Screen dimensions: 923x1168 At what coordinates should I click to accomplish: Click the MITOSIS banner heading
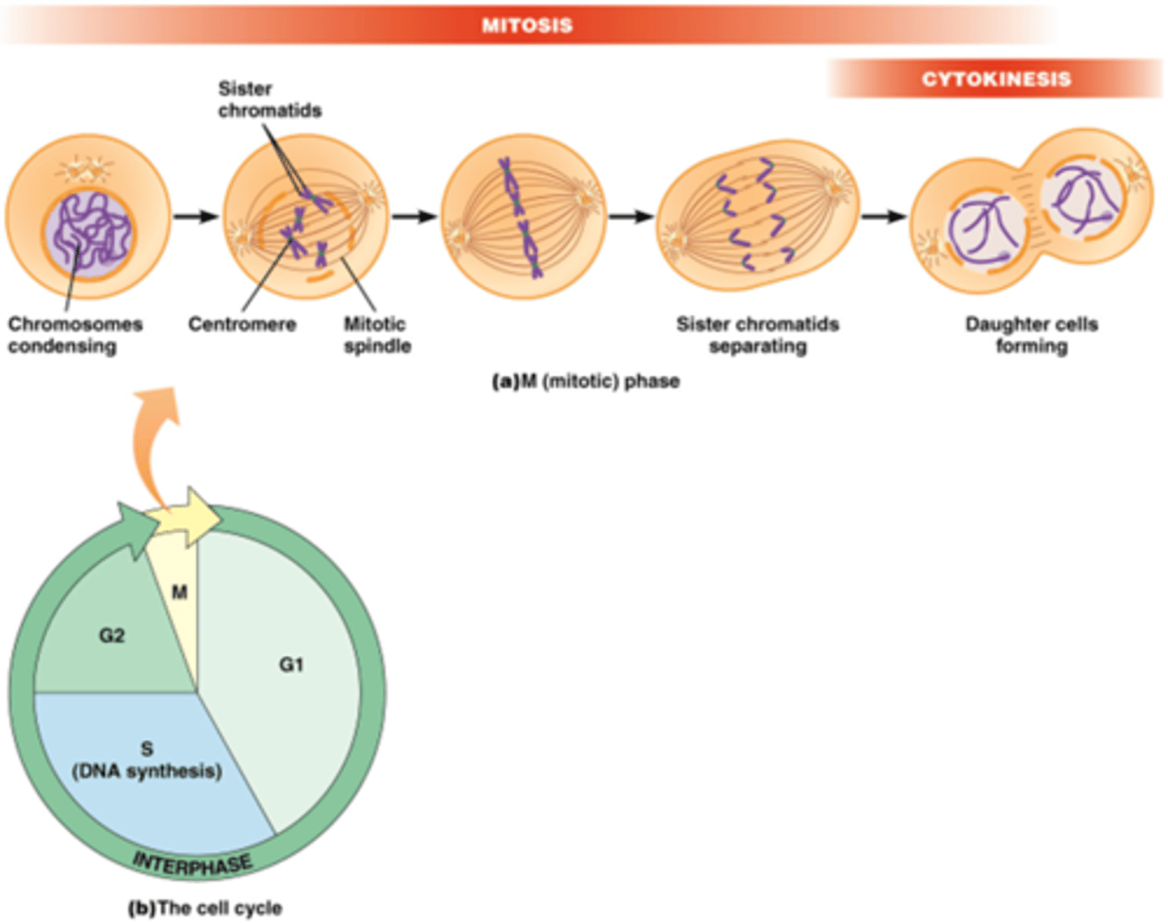pos(527,25)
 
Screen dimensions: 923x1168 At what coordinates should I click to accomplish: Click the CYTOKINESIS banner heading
pos(995,79)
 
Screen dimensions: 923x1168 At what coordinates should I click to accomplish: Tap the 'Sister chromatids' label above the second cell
pos(269,100)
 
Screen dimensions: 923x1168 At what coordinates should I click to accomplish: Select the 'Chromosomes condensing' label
pos(75,335)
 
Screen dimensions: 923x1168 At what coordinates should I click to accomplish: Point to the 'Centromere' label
pos(242,325)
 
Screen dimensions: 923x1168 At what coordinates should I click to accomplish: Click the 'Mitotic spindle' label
pos(376,335)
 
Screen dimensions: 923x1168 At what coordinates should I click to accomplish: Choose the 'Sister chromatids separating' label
pos(758,335)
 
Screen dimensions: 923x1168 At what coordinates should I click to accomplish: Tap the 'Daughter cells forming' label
pos(1031,335)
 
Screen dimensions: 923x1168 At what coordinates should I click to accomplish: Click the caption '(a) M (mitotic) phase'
pos(586,382)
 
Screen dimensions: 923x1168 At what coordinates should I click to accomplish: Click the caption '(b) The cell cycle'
pos(205,908)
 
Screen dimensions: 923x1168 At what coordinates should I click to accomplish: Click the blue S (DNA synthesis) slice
pos(147,763)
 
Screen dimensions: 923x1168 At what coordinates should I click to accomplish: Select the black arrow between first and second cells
pos(196,217)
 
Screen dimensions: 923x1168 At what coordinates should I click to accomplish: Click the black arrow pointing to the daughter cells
pos(883,217)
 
